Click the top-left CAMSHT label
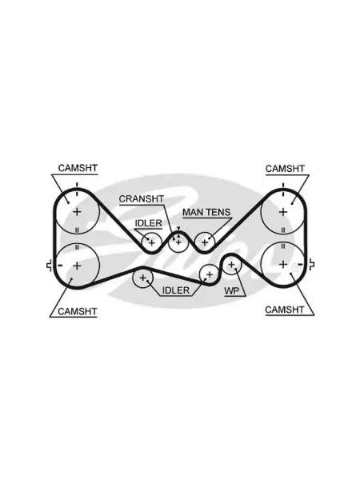[x=78, y=168]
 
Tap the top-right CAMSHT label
[x=285, y=169]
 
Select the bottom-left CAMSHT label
[x=77, y=311]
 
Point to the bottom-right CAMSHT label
[x=284, y=310]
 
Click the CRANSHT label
[x=142, y=199]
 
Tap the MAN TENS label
[x=206, y=213]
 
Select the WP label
[x=231, y=291]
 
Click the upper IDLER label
[x=149, y=223]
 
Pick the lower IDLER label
[x=176, y=290]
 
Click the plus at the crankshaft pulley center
[x=178, y=242]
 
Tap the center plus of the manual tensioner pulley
[x=205, y=242]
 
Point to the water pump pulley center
[x=231, y=265]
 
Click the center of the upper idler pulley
[x=152, y=242]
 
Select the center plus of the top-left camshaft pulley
[x=77, y=211]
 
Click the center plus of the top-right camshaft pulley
[x=283, y=211]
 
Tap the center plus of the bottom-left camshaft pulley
[x=77, y=266]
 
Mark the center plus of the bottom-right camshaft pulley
[x=283, y=265]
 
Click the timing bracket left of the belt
[x=49, y=266]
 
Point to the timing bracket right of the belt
[x=312, y=265]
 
